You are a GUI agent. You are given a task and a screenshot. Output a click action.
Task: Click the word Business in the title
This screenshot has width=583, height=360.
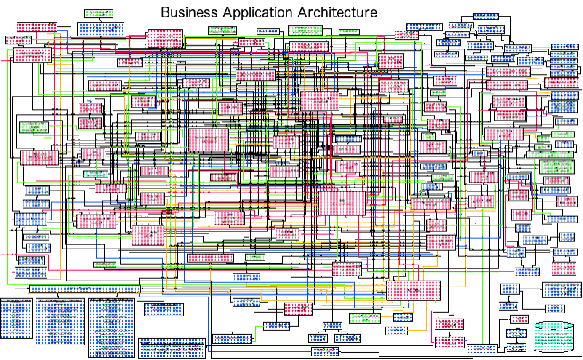coord(188,13)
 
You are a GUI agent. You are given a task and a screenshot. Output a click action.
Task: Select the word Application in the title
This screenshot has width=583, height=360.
coord(258,14)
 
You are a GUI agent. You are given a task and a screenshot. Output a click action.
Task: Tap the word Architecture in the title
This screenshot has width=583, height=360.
coord(339,13)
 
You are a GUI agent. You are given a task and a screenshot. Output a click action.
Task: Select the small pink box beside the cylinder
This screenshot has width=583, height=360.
coord(519,319)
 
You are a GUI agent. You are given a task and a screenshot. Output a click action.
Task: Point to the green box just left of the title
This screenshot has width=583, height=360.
coord(98,14)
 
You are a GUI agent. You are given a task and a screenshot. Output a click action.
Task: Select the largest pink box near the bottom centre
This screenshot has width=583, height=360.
coord(413,290)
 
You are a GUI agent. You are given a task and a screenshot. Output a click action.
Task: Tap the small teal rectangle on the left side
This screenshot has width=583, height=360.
coord(95,174)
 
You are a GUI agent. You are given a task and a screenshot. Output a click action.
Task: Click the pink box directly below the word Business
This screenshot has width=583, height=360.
coord(165,39)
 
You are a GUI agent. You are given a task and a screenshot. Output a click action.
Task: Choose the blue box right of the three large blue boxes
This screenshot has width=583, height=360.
coord(163,309)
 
